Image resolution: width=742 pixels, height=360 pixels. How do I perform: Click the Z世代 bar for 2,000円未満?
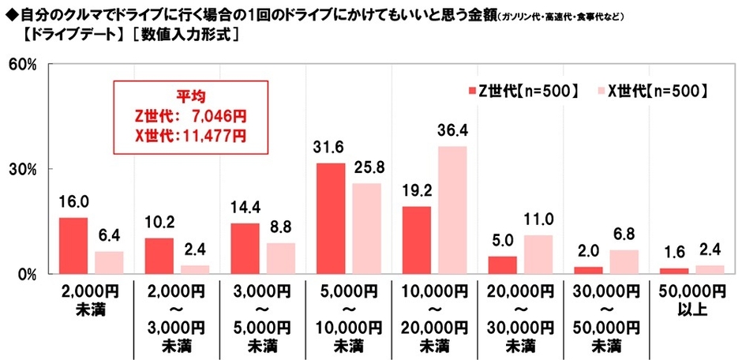click(x=73, y=246)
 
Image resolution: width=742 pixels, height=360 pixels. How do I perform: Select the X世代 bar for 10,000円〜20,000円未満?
click(x=452, y=210)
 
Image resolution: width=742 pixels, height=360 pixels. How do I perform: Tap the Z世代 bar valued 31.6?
click(x=331, y=218)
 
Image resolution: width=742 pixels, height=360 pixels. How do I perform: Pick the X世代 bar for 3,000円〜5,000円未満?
click(x=281, y=258)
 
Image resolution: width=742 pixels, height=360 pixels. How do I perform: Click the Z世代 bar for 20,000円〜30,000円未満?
click(x=502, y=264)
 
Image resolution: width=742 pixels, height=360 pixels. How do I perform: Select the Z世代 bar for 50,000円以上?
click(x=673, y=271)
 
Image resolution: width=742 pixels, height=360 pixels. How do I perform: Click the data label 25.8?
click(x=366, y=167)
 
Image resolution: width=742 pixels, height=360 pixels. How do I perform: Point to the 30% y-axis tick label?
click(x=22, y=169)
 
